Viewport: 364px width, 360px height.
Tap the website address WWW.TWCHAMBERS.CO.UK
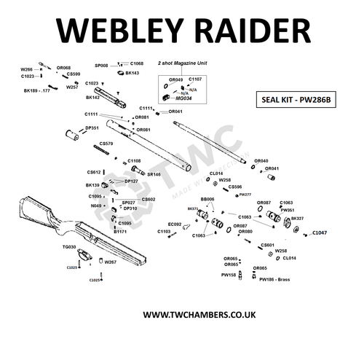[x=182, y=315]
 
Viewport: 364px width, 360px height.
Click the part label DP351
[x=92, y=128]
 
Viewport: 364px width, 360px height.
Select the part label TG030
[x=69, y=247]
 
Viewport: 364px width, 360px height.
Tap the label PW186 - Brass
[x=274, y=279]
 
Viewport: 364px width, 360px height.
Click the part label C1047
[x=320, y=232]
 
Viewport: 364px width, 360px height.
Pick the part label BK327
[x=297, y=219]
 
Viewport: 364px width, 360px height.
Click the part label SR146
[x=154, y=175]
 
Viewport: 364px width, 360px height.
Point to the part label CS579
[x=106, y=144]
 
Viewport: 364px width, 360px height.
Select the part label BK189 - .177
[x=36, y=91]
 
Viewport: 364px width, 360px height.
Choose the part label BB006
[x=207, y=198]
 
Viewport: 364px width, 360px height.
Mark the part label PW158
[x=229, y=275]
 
